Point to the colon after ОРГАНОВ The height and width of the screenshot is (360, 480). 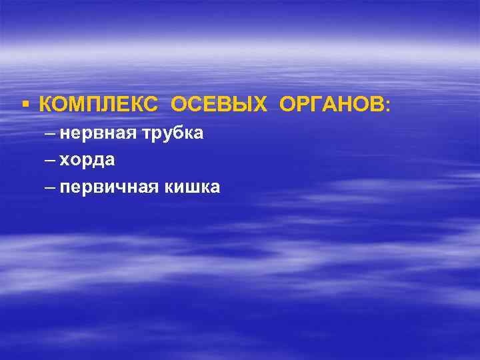pyautogui.click(x=388, y=105)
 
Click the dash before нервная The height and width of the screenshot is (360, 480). pyautogui.click(x=51, y=134)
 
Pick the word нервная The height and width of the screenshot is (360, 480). pyautogui.click(x=97, y=134)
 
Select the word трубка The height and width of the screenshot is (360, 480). pyautogui.click(x=172, y=134)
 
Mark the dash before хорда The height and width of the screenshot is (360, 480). pyautogui.click(x=51, y=161)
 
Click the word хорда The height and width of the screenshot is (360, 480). pyautogui.click(x=87, y=161)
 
